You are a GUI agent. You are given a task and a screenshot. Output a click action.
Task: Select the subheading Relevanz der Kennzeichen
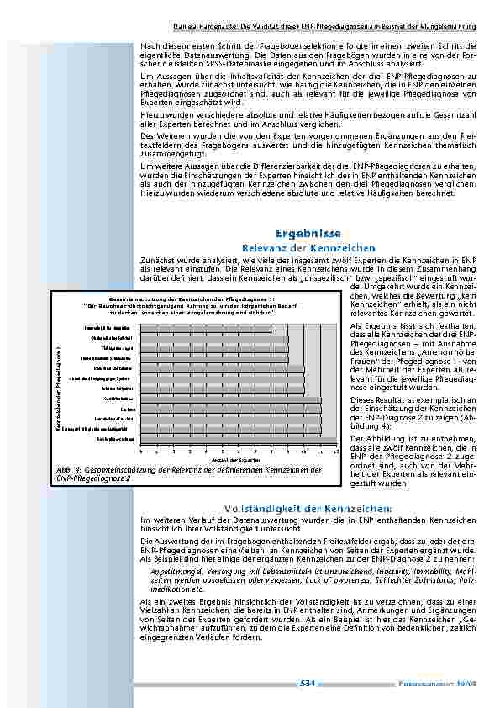pos(308,248)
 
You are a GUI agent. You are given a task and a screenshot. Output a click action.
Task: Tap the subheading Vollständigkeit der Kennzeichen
pos(308,509)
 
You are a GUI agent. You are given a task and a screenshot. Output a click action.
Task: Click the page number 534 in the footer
pos(308,684)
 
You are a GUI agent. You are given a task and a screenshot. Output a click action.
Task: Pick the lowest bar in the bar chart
pos(232,439)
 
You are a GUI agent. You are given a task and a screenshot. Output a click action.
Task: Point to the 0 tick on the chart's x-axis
pos(142,452)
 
